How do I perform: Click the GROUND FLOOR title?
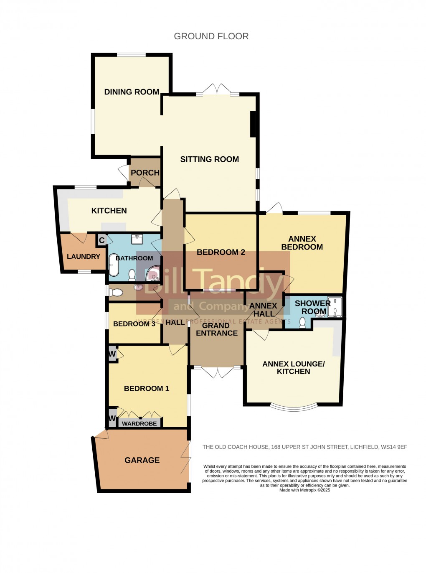[x=211, y=36]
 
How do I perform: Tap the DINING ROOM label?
[x=132, y=92]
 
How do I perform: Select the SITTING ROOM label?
[x=209, y=159]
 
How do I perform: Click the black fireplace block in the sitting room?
[x=253, y=124]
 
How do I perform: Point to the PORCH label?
[x=145, y=173]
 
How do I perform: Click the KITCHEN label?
[x=109, y=211]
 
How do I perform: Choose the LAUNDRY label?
[x=84, y=257]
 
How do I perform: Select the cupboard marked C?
[x=101, y=240]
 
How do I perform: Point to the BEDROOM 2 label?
[x=221, y=252]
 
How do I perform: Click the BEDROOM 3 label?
[x=134, y=324]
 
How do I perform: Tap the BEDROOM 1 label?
[x=147, y=389]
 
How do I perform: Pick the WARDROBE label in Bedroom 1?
[x=139, y=424]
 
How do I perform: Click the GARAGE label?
[x=142, y=460]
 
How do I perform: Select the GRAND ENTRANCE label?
[x=216, y=329]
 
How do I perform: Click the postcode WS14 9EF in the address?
[x=394, y=447]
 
